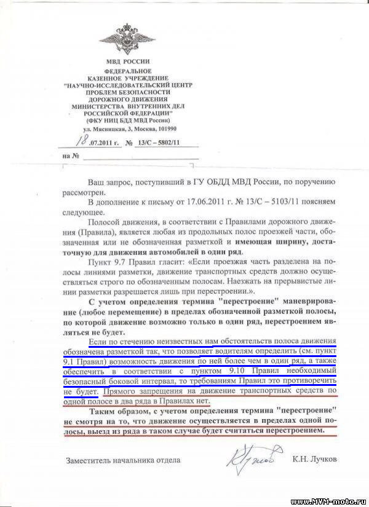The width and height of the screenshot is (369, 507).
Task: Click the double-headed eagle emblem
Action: [x=127, y=39]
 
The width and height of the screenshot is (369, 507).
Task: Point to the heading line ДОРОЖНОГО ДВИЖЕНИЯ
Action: [x=127, y=99]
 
